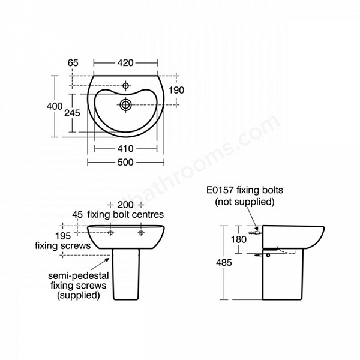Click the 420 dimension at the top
tap(125, 62)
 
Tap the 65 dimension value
tap(74, 62)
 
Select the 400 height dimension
tap(55, 106)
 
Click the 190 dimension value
tap(176, 89)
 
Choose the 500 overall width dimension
tap(125, 163)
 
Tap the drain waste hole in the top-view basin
tap(125, 105)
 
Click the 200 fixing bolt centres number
tap(126, 204)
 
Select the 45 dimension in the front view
tap(77, 214)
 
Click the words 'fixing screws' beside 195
tap(62, 245)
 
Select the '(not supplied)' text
tap(244, 202)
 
